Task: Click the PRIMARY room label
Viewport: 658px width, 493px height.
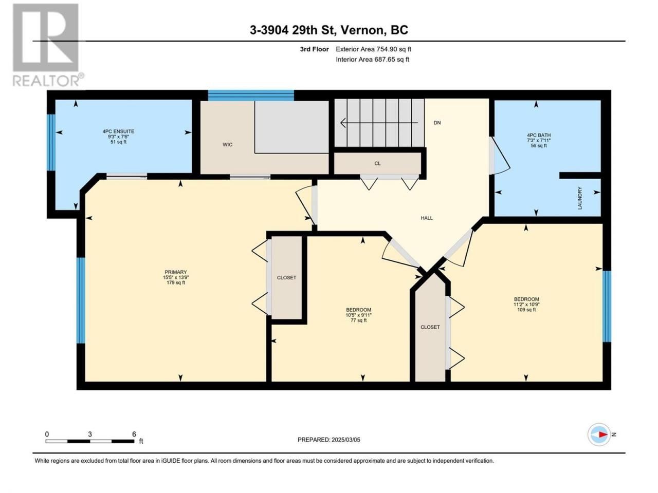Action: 176,272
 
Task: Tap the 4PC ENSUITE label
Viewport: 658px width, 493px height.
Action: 118,131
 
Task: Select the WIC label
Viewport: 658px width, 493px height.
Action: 228,145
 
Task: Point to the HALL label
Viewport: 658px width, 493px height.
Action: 427,218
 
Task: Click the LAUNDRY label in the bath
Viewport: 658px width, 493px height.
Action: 580,198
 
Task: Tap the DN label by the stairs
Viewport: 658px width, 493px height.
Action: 437,123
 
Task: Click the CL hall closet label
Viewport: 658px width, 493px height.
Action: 377,163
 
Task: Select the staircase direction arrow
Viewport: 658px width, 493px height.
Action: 379,123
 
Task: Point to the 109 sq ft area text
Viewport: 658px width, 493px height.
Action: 526,310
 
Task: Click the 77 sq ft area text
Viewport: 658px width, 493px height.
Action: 358,320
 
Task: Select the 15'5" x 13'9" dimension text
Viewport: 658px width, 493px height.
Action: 176,277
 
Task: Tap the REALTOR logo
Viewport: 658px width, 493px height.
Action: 48,45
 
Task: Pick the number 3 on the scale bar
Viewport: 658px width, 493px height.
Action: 89,434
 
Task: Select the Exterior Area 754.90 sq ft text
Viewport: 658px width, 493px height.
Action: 374,49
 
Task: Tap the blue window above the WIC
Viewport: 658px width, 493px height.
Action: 251,96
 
